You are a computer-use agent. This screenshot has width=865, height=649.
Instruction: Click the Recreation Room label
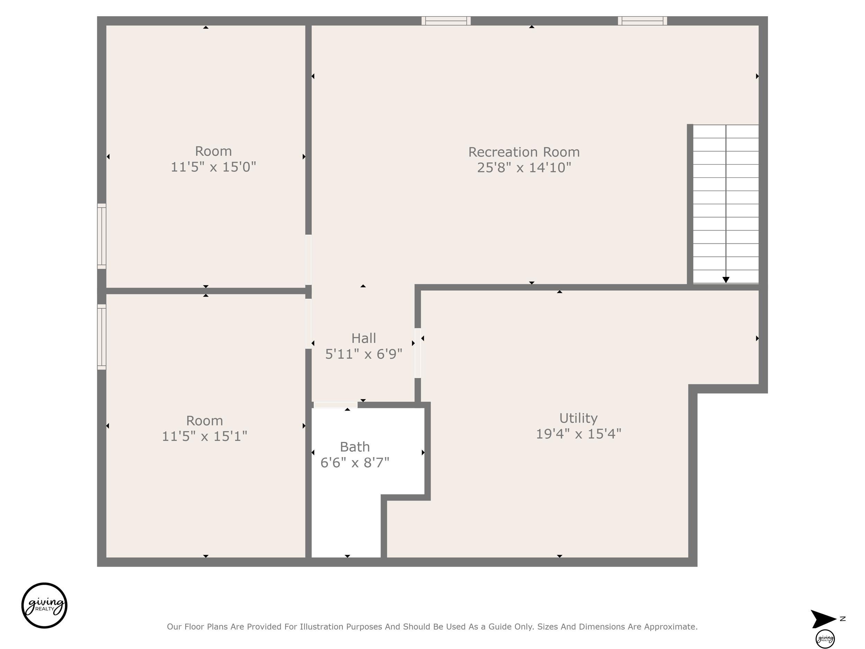pos(524,152)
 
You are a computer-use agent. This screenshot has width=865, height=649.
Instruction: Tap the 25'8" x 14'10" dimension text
pos(524,168)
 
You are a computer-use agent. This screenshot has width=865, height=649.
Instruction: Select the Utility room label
pos(579,418)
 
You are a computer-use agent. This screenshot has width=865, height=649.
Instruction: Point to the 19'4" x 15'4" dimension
pos(579,434)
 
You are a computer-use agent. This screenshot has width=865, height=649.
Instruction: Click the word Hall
pos(364,338)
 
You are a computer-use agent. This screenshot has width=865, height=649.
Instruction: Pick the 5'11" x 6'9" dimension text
pos(364,354)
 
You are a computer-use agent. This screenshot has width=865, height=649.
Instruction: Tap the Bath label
pos(355,447)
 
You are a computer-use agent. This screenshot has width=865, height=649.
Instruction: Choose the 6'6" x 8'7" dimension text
pos(355,463)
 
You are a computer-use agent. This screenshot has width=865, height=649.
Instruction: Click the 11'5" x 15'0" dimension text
pos(213,167)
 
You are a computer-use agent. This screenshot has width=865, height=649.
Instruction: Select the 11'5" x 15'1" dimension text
pos(204,436)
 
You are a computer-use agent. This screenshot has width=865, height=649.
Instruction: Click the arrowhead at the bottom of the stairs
pos(726,280)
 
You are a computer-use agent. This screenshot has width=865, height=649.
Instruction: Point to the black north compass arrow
pos(823,619)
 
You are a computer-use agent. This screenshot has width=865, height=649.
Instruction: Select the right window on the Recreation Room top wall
pos(642,21)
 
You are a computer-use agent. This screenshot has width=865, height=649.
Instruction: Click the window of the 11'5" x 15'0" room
pos(102,236)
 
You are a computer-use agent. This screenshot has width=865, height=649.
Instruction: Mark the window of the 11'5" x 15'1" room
pos(102,337)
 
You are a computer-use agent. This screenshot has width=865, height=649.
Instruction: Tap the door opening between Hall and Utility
pos(418,353)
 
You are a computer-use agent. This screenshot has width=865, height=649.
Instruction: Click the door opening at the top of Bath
pos(336,405)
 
